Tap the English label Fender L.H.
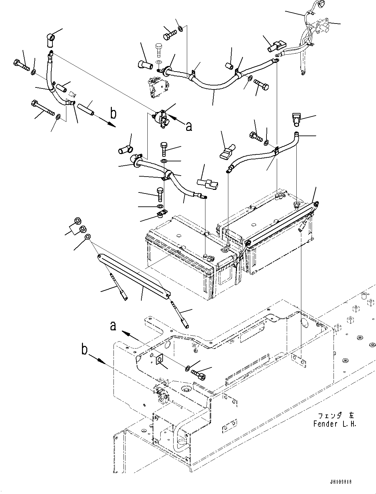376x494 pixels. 335,424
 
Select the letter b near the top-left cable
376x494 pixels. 113,113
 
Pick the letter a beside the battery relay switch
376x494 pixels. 189,127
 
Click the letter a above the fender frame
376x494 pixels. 113,326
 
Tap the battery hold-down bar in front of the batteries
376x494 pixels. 134,277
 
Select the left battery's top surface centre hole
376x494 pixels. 179,236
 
